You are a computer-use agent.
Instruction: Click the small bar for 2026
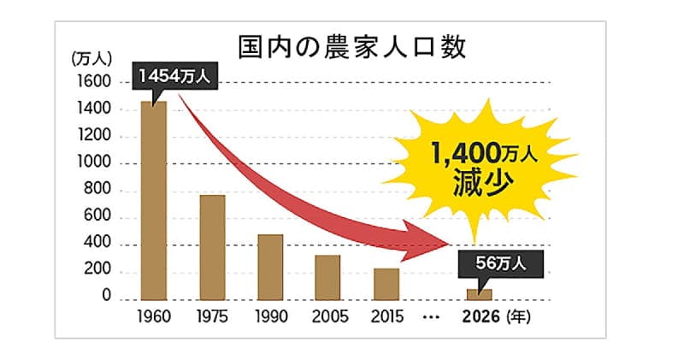coord(479,294)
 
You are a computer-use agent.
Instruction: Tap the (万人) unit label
coord(88,59)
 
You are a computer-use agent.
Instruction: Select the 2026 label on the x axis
coord(479,318)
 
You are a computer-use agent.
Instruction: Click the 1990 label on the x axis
coord(271,318)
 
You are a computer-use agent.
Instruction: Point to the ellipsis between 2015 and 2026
coord(431,318)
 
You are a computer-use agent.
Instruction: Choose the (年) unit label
coord(518,318)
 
